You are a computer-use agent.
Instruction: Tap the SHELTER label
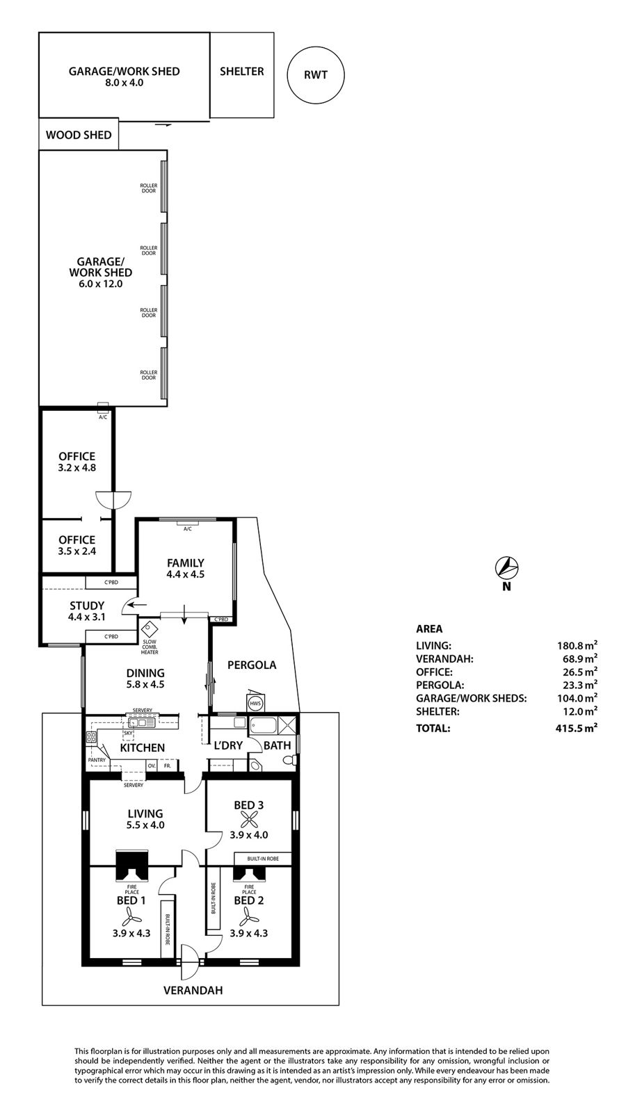[241, 72]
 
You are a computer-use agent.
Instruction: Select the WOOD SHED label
[79, 135]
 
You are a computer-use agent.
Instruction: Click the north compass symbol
[507, 568]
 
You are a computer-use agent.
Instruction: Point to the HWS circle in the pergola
[255, 704]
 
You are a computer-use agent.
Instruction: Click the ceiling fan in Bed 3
[249, 820]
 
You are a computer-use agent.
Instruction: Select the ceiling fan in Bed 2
[248, 916]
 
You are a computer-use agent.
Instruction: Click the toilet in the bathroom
[290, 760]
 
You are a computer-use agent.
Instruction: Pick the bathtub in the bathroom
[264, 726]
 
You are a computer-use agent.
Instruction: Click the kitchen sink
[141, 722]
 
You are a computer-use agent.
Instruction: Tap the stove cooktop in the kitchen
[92, 737]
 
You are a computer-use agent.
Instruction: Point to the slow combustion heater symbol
[149, 629]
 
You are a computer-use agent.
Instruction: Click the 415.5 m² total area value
[577, 728]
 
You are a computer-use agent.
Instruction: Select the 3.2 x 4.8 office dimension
[77, 467]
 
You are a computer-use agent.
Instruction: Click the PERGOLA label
[252, 665]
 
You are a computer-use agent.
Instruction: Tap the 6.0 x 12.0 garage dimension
[100, 284]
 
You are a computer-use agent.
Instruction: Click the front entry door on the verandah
[189, 962]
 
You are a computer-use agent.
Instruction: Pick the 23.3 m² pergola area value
[580, 685]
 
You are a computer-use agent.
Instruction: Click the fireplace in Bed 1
[131, 865]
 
